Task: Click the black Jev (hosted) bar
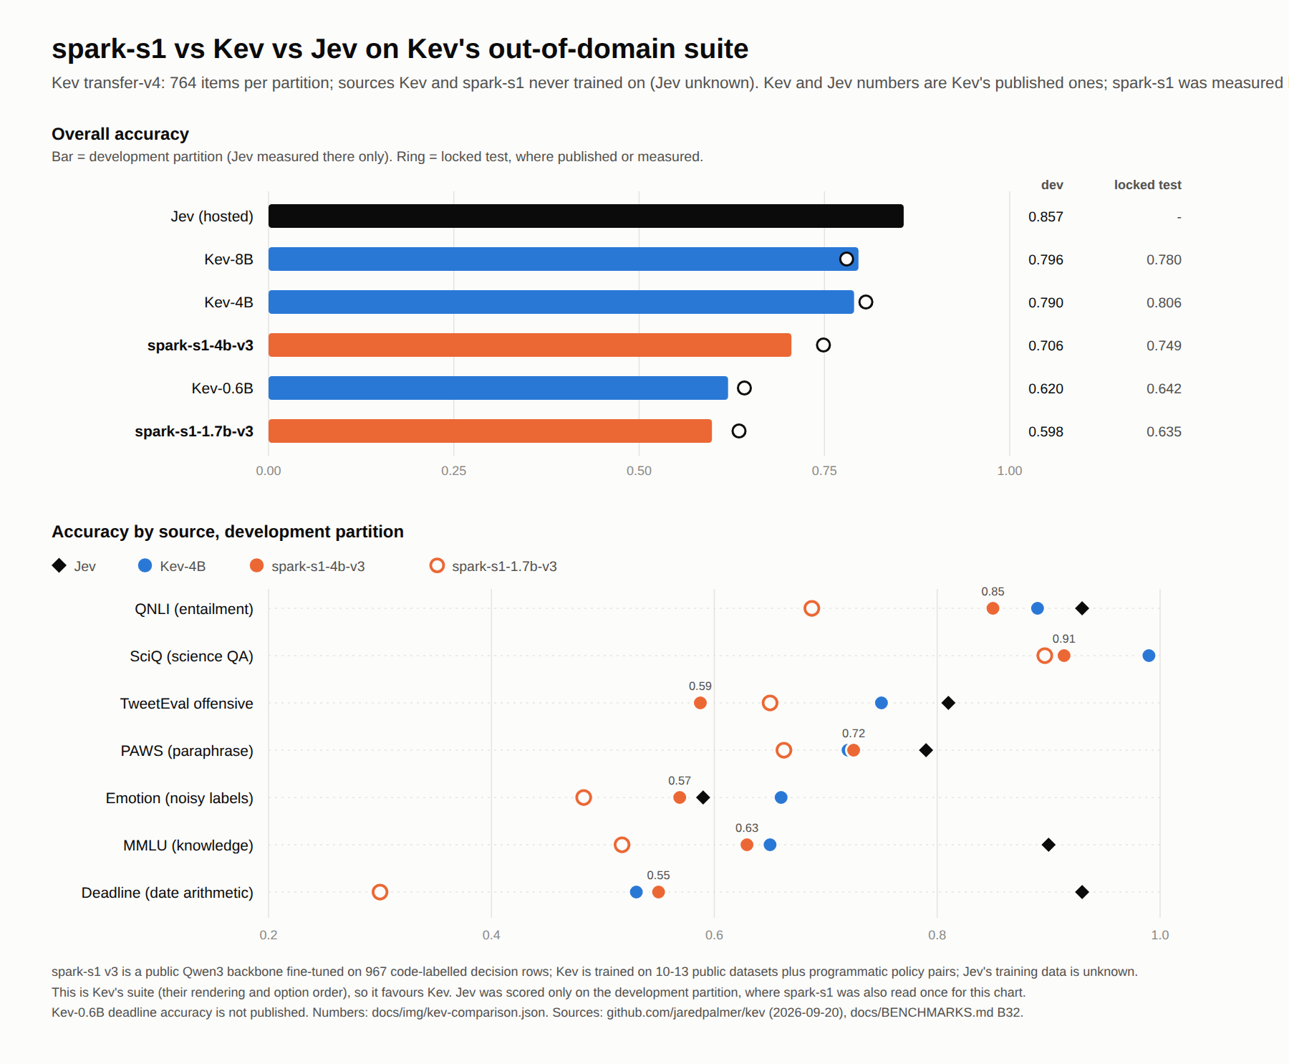[x=586, y=216]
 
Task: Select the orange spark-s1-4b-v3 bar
[x=530, y=345]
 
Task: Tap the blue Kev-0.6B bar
[x=498, y=388]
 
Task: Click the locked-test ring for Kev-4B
[x=866, y=302]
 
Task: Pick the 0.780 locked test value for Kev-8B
[x=1164, y=259]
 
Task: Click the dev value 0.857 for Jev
[x=1046, y=216]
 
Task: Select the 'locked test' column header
[x=1147, y=185]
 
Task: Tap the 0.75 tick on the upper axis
[x=824, y=471]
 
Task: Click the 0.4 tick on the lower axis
[x=491, y=935]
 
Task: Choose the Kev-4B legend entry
[x=172, y=566]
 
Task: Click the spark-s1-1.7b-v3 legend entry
[x=493, y=566]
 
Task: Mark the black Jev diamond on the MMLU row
[x=1048, y=845]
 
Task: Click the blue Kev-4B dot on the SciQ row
[x=1149, y=656]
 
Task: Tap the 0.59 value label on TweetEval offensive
[x=700, y=686]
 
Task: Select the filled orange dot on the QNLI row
[x=993, y=608]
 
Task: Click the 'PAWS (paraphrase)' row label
[x=187, y=751]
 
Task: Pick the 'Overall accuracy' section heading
[x=120, y=134]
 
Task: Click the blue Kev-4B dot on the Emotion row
[x=781, y=797]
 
